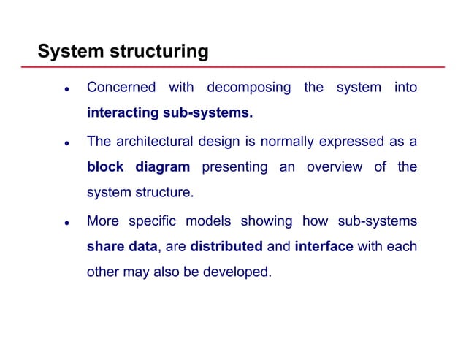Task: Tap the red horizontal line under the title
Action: pos(241,67)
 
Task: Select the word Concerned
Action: pos(121,88)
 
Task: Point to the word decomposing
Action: pos(249,88)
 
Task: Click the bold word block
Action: pos(106,167)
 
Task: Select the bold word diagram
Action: pos(163,167)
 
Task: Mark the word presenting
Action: pos(234,167)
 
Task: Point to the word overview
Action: pos(335,167)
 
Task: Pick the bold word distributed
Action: pos(226,247)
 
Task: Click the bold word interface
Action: pos(324,247)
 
